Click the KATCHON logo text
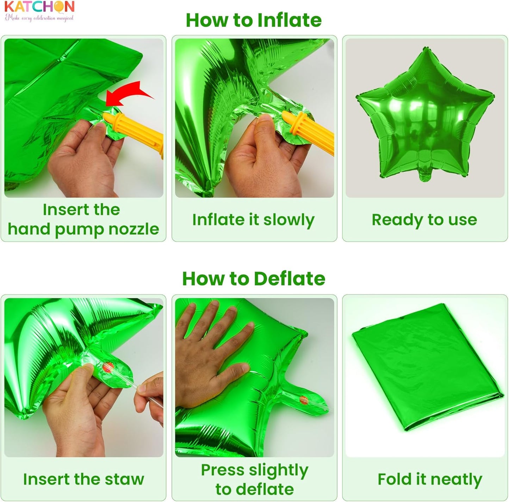click(39, 7)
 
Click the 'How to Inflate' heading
click(254, 20)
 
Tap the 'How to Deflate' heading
click(254, 278)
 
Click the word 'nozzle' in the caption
click(134, 229)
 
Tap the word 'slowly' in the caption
click(289, 220)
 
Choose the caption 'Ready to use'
click(424, 220)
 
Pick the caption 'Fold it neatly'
click(430, 479)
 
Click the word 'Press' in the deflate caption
click(223, 470)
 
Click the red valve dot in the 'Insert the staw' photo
click(108, 367)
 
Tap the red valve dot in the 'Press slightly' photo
click(304, 400)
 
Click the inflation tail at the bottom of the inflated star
click(425, 175)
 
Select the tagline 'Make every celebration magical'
click(39, 18)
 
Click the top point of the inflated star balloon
click(425, 48)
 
